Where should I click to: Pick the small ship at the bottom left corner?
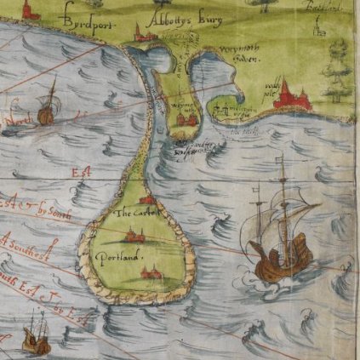click(35, 336)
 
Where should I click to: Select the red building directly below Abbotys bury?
click(144, 34)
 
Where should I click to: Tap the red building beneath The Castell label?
click(133, 233)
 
